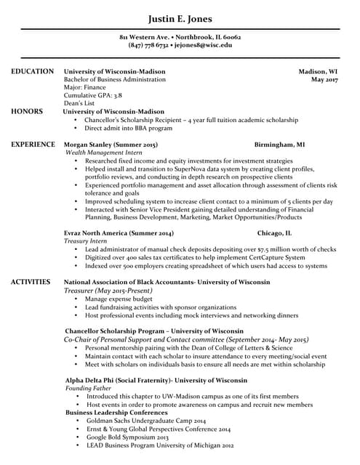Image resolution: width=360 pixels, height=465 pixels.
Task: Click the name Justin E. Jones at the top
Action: pyautogui.click(x=180, y=18)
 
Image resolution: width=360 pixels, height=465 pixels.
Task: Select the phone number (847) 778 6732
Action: pyautogui.click(x=148, y=45)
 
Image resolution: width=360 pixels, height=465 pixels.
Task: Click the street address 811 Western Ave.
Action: pyautogui.click(x=144, y=36)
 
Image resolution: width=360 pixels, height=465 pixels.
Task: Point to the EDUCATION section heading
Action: pyautogui.click(x=32, y=71)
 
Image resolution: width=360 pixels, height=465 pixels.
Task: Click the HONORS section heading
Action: pyautogui.click(x=27, y=111)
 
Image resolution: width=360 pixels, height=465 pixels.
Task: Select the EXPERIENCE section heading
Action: pyautogui.click(x=33, y=145)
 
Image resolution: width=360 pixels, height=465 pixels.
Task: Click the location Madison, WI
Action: pyautogui.click(x=318, y=72)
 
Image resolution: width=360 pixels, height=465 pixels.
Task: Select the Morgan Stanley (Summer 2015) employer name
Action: pyautogui.click(x=111, y=145)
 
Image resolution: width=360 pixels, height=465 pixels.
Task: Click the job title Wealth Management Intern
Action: pyautogui.click(x=103, y=153)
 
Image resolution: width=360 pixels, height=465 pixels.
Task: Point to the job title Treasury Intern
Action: pyautogui.click(x=86, y=240)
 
